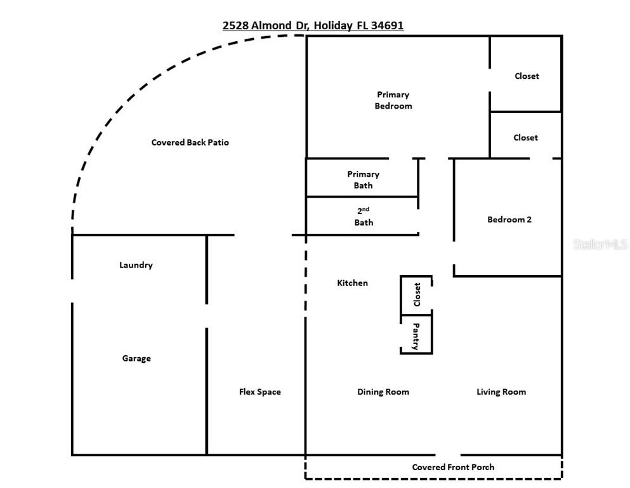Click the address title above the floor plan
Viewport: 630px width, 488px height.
point(313,25)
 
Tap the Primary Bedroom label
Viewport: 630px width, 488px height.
point(393,100)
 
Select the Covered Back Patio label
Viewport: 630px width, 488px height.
point(190,142)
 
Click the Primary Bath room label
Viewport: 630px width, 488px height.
point(363,180)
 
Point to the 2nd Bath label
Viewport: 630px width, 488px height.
point(364,216)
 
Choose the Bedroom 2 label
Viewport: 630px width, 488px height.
point(509,220)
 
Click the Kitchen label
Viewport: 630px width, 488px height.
point(352,283)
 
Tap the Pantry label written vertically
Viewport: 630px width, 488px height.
point(416,336)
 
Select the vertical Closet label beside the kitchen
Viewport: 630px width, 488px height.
point(417,295)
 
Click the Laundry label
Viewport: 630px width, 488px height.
point(136,265)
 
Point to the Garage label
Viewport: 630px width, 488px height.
point(136,358)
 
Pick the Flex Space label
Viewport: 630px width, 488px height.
point(259,392)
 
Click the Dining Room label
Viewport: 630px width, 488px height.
point(383,392)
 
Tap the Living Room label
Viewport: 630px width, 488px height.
point(501,392)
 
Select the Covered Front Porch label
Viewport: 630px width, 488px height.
point(453,467)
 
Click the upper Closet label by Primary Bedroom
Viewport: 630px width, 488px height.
point(527,76)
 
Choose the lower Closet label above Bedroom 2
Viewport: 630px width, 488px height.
point(525,138)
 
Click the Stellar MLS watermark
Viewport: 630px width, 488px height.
point(600,245)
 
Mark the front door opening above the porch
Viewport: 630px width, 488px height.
point(448,455)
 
